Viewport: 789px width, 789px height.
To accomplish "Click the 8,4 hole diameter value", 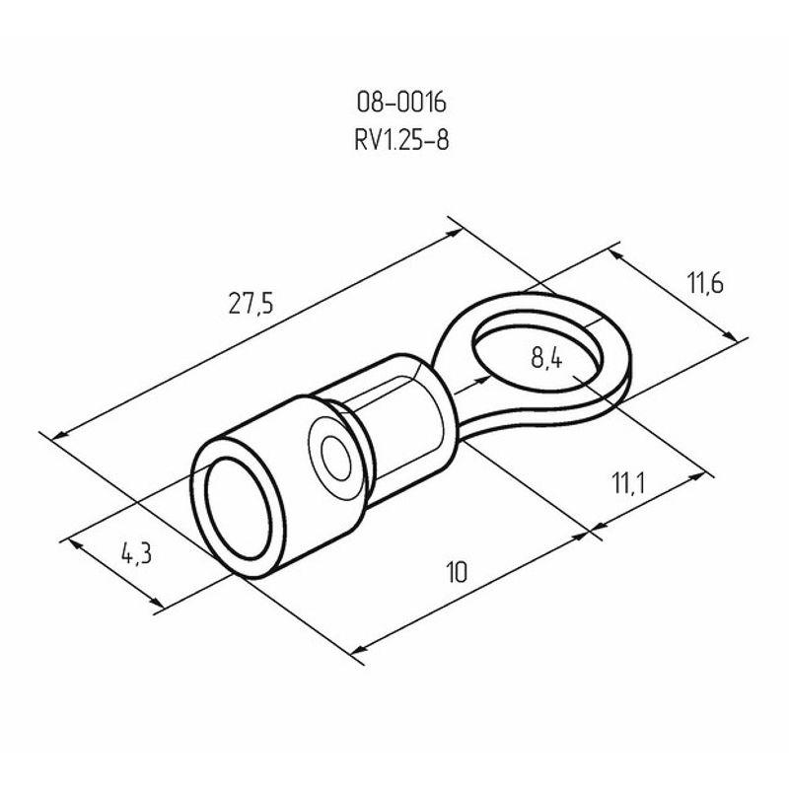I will tap(546, 359).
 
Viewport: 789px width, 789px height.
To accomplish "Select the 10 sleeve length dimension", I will tap(457, 571).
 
